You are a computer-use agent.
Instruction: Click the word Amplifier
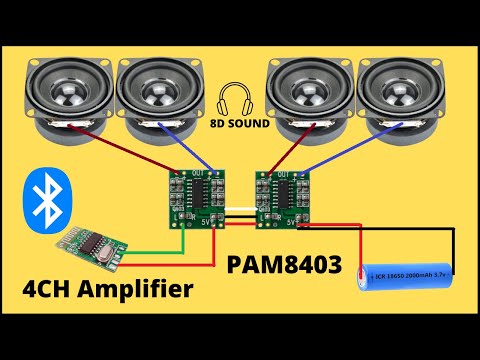coord(131,291)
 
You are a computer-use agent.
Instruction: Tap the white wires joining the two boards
coord(240,212)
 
